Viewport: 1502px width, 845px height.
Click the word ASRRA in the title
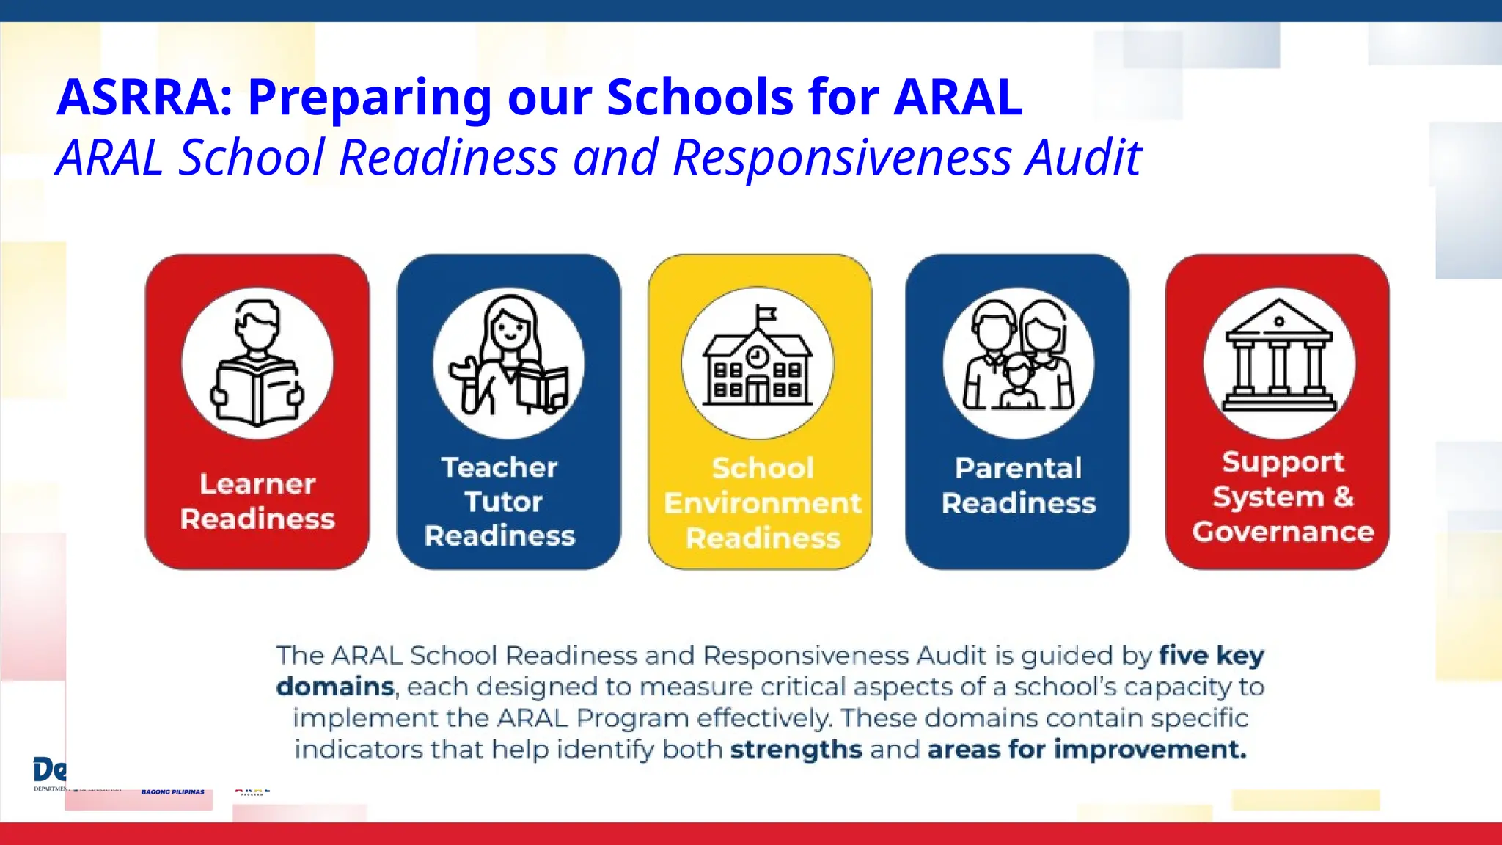pos(144,98)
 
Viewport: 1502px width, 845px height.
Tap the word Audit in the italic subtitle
pos(1083,158)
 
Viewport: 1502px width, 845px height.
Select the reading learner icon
pos(257,364)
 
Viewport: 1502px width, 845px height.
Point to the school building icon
pos(758,363)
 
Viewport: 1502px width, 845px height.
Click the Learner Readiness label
pos(257,501)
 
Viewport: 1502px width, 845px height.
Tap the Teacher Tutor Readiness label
pos(499,501)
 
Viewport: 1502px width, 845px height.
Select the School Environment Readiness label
pos(762,502)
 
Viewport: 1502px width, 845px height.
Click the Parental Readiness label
pos(1018,486)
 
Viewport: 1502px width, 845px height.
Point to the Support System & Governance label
pos(1283,497)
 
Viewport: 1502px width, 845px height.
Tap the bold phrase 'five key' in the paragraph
pos(1212,655)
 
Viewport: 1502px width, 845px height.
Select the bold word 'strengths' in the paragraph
pos(796,750)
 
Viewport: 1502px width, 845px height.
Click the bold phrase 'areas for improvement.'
pos(1086,750)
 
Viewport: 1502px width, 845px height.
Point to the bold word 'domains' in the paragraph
pos(335,687)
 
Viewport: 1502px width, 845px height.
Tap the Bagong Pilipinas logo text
pos(173,792)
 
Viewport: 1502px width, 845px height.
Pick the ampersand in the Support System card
pos(1344,497)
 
